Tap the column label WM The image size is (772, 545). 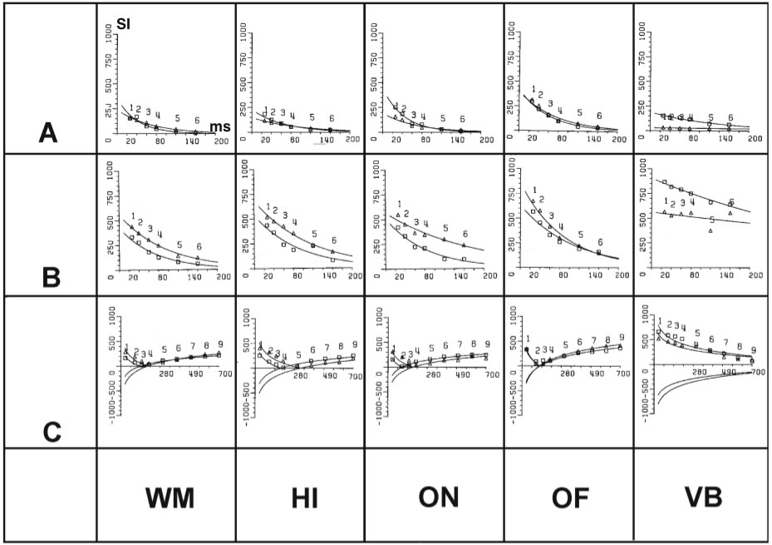[169, 499]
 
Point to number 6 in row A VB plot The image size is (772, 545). [730, 118]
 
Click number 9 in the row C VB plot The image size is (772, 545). [753, 350]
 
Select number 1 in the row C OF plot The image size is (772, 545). [529, 339]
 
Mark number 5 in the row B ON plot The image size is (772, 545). [446, 228]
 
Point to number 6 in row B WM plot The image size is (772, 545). [199, 246]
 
